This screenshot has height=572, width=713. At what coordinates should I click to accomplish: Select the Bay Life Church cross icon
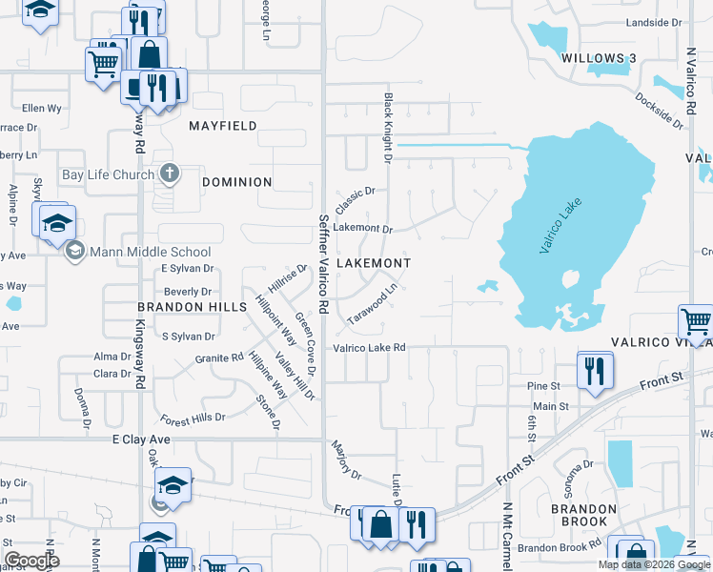[170, 174]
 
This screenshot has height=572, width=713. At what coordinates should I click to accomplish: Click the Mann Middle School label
[150, 253]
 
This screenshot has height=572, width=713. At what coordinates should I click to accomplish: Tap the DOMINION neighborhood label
[237, 182]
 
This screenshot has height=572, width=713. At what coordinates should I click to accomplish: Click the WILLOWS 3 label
[599, 58]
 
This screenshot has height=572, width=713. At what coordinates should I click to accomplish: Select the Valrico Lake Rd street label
[370, 348]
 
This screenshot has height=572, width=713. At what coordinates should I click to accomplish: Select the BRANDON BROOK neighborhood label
[578, 515]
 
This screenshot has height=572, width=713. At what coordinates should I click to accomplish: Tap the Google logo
[32, 561]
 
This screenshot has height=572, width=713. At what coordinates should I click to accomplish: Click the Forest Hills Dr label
[193, 418]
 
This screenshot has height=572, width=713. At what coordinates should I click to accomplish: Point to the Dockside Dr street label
[659, 110]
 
